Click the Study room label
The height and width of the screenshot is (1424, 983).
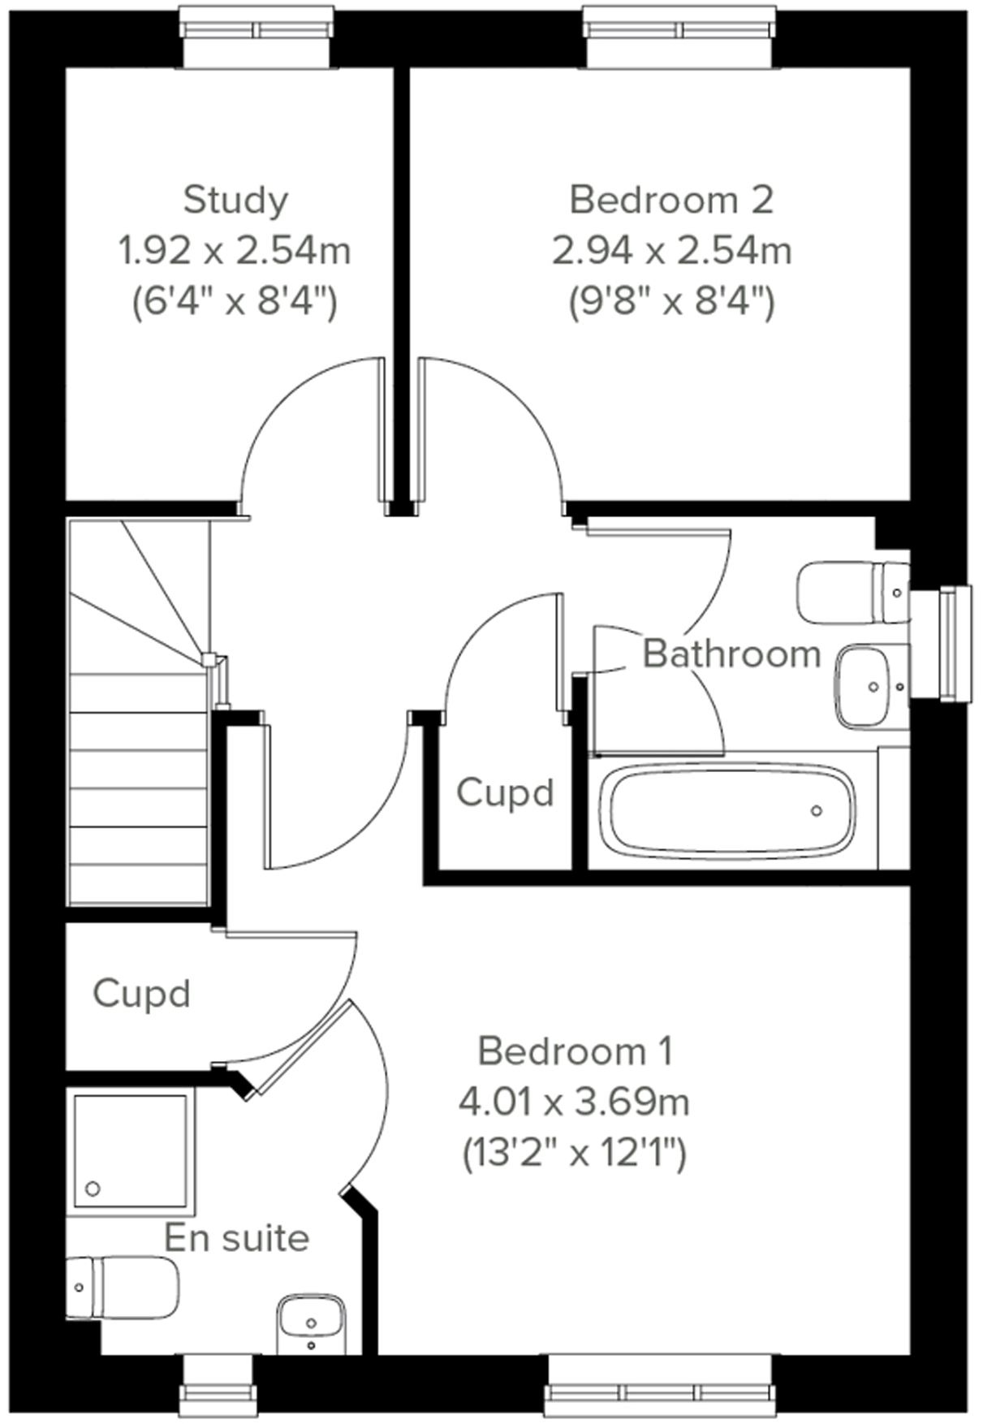[235, 200]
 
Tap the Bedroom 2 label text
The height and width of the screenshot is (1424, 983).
[671, 200]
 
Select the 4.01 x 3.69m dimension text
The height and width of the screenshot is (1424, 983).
[574, 1103]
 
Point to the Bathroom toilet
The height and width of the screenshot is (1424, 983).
[852, 593]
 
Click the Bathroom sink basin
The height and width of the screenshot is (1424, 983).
[864, 687]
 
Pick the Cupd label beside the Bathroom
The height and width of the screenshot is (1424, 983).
[505, 792]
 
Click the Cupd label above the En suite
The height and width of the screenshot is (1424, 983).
[141, 993]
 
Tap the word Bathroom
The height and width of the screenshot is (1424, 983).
[731, 654]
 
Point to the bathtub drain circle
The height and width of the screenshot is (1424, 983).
[817, 810]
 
